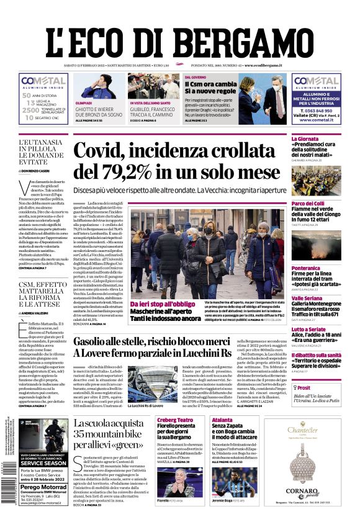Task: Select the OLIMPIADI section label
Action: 84,102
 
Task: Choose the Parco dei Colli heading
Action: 308,203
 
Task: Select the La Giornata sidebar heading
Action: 305,139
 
